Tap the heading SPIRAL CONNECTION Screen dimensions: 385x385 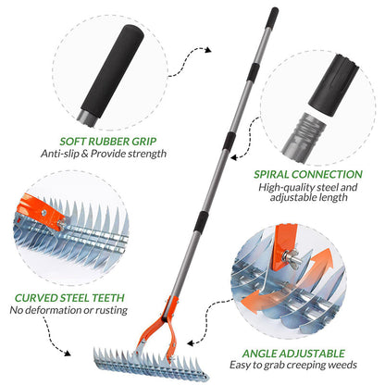(308, 172)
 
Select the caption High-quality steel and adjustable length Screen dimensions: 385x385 (308, 192)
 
